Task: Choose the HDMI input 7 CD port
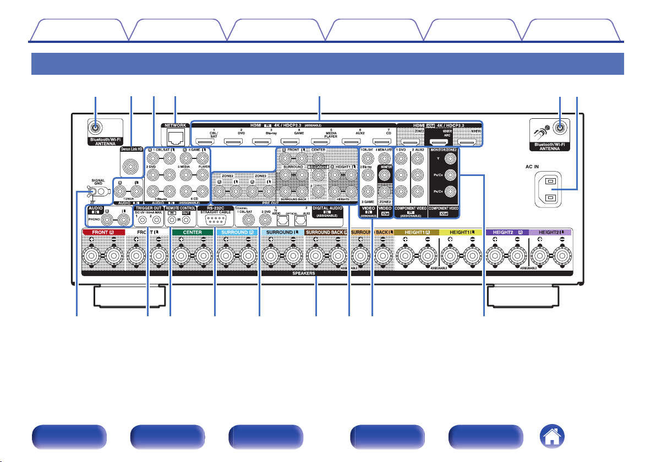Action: (x=381, y=141)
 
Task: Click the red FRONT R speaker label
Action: (x=104, y=233)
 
